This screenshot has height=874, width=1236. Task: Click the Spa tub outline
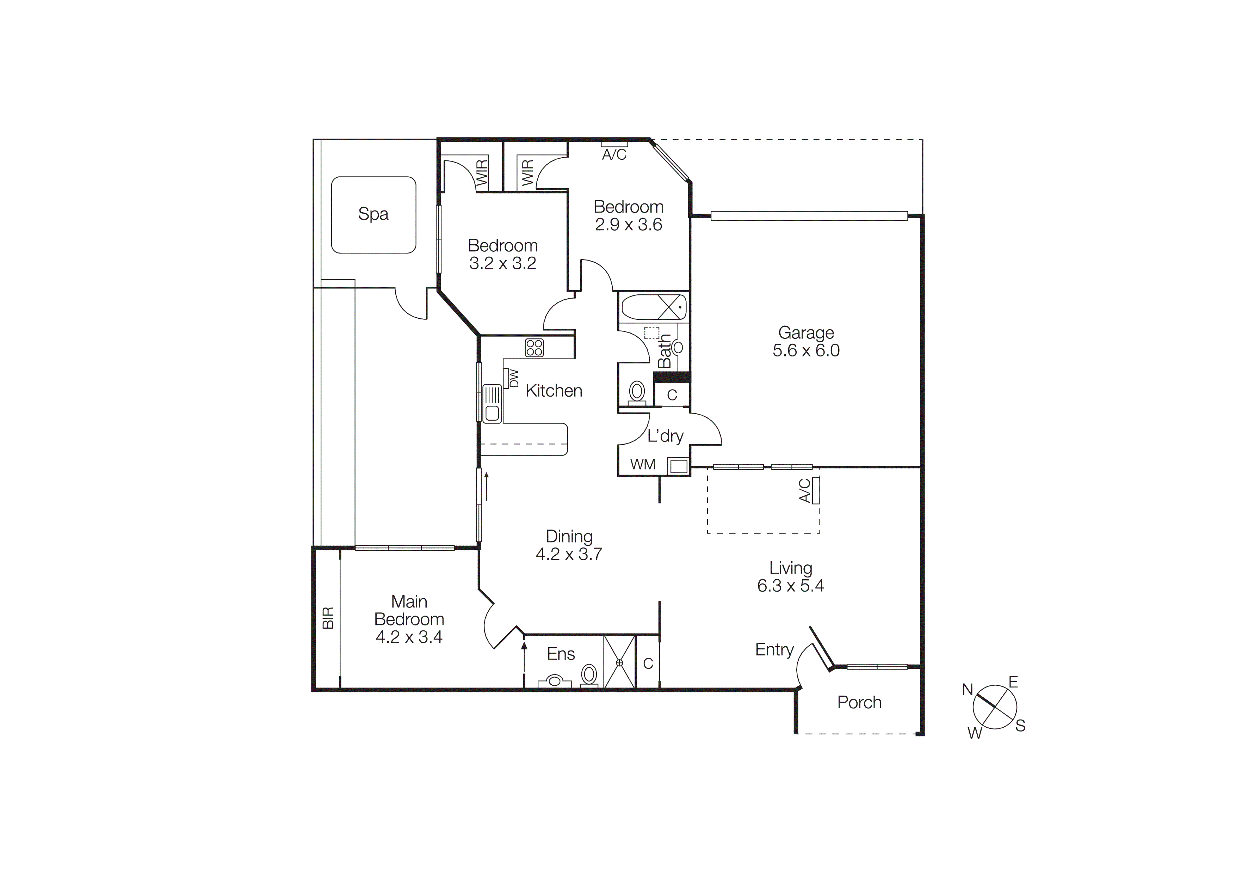373,214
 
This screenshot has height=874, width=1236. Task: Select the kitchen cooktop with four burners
534,347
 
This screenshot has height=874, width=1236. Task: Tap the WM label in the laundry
643,464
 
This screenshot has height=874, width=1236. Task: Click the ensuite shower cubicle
619,662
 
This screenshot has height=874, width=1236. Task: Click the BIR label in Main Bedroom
328,618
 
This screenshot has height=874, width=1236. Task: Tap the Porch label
859,702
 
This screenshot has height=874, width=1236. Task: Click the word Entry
774,649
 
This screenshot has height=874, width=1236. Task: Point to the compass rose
995,707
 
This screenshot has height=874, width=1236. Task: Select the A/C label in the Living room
805,490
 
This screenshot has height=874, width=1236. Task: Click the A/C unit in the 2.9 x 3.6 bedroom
614,144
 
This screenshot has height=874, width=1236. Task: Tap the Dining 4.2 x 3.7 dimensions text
569,554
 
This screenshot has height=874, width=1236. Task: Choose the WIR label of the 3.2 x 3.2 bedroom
482,172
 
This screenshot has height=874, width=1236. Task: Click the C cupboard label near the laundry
672,395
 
